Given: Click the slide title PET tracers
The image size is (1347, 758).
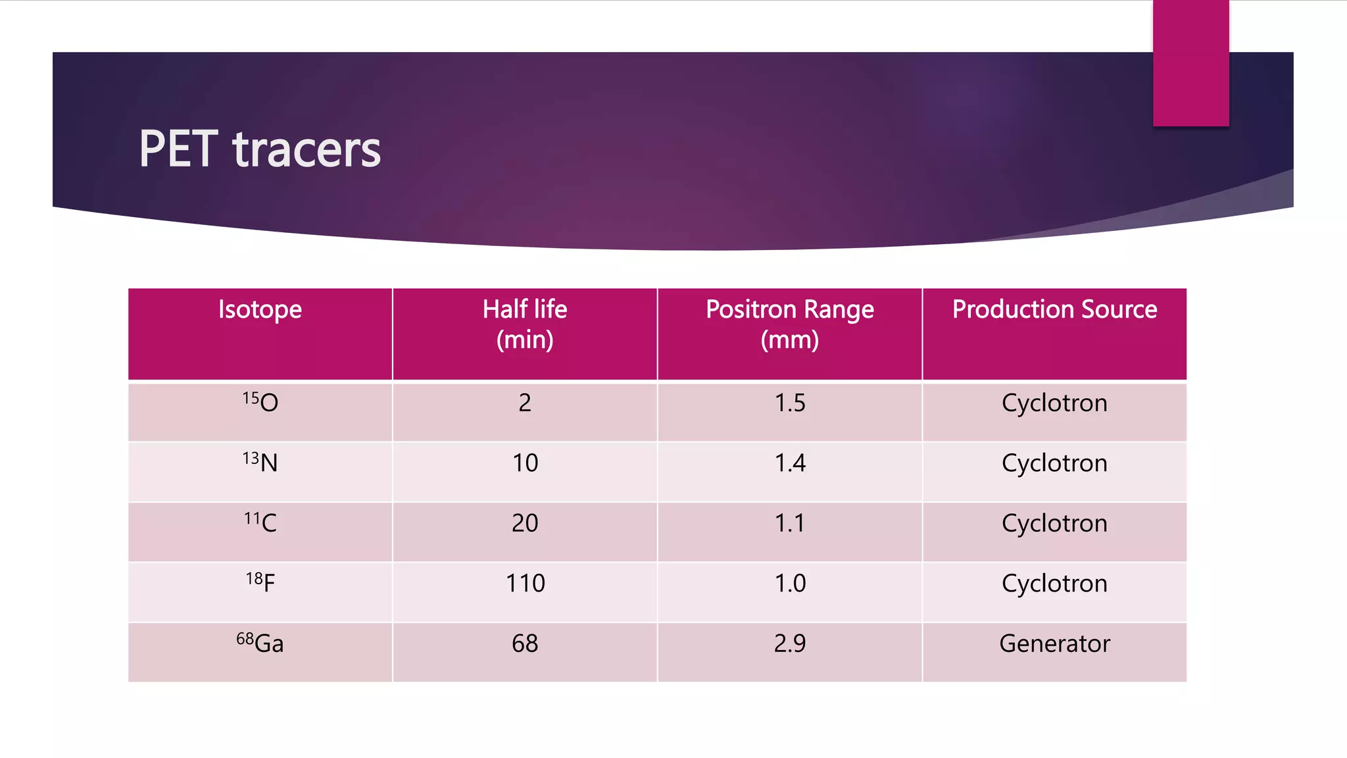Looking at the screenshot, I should (x=260, y=149).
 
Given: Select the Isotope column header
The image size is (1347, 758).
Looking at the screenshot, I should (x=260, y=309).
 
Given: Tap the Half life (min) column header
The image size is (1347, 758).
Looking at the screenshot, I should (x=525, y=324).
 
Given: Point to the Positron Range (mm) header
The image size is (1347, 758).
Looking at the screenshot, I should (x=790, y=324).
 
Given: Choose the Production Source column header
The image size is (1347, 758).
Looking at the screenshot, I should (x=1054, y=309).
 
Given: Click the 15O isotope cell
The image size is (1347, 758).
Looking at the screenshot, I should (x=260, y=402).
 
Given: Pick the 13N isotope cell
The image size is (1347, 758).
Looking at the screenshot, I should (x=260, y=462).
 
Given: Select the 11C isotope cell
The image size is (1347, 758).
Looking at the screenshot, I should (x=260, y=522).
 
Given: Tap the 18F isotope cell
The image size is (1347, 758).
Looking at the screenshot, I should (x=260, y=582).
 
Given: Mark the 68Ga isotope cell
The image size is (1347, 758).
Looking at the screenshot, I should (x=260, y=643).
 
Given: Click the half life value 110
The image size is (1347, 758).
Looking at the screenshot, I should (x=525, y=583).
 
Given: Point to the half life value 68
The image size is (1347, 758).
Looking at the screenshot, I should (x=525, y=644).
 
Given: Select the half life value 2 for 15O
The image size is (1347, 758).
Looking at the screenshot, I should (x=525, y=403).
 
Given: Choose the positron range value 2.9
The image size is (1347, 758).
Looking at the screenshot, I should (x=790, y=644).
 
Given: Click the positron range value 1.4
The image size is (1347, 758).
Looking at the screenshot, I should (x=790, y=463).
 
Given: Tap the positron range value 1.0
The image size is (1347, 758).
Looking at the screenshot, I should (x=790, y=583).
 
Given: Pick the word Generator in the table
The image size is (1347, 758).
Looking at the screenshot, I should (x=1054, y=644).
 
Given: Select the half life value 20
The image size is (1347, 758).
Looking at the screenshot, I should (x=525, y=523).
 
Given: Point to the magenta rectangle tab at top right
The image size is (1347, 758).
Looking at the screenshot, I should (x=1190, y=63).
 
